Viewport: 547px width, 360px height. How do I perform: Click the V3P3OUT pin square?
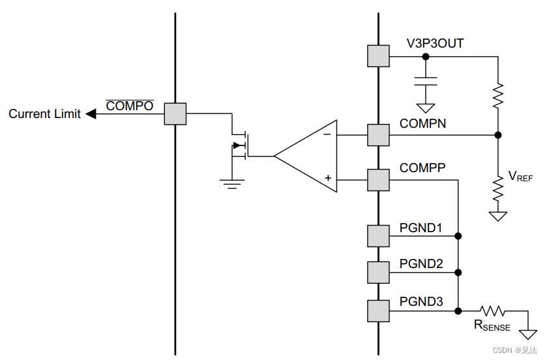click(378, 56)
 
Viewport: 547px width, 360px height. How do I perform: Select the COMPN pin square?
click(378, 135)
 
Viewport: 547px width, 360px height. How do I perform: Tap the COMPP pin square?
click(378, 179)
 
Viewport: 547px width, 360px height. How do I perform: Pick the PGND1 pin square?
click(378, 235)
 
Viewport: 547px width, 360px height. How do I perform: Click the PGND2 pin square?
click(378, 272)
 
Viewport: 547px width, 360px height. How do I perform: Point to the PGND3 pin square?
click(378, 310)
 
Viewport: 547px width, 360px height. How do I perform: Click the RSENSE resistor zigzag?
click(493, 310)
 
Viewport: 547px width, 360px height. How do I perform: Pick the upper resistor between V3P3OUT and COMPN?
click(498, 96)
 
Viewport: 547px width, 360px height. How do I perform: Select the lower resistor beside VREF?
click(498, 190)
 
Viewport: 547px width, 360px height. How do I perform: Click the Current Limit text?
click(44, 114)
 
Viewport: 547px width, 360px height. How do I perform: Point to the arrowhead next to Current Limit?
click(91, 114)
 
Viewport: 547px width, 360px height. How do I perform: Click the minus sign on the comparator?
click(327, 135)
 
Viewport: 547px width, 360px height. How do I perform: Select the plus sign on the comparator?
click(327, 178)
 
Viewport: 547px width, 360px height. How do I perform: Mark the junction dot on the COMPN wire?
click(498, 135)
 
